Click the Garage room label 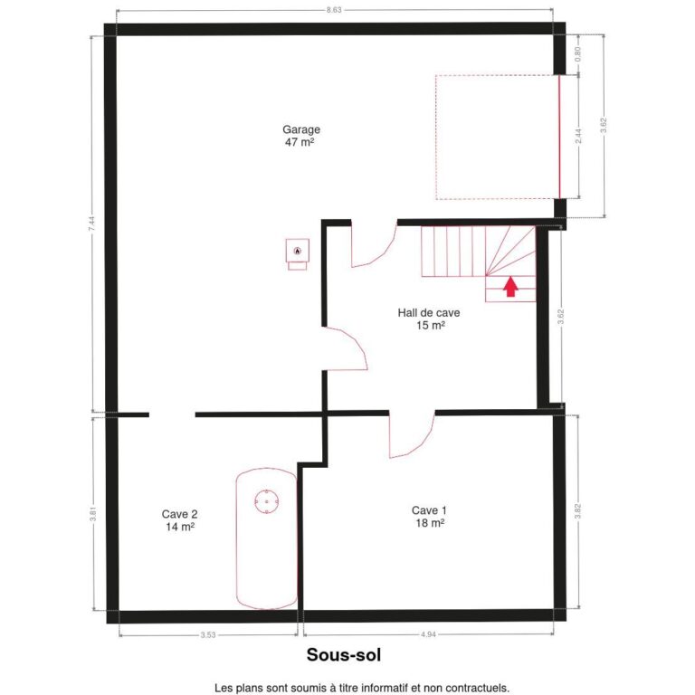pyautogui.click(x=300, y=129)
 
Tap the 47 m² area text pyautogui.click(x=299, y=142)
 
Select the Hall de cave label pyautogui.click(x=429, y=313)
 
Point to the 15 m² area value pyautogui.click(x=430, y=326)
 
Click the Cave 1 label pyautogui.click(x=429, y=509)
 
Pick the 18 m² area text pyautogui.click(x=429, y=523)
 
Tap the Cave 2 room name pyautogui.click(x=179, y=513)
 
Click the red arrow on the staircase pyautogui.click(x=510, y=288)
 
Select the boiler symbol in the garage pyautogui.click(x=296, y=251)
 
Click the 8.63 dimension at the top pyautogui.click(x=334, y=10)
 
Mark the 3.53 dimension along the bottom pyautogui.click(x=208, y=635)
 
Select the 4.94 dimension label pyautogui.click(x=429, y=635)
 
